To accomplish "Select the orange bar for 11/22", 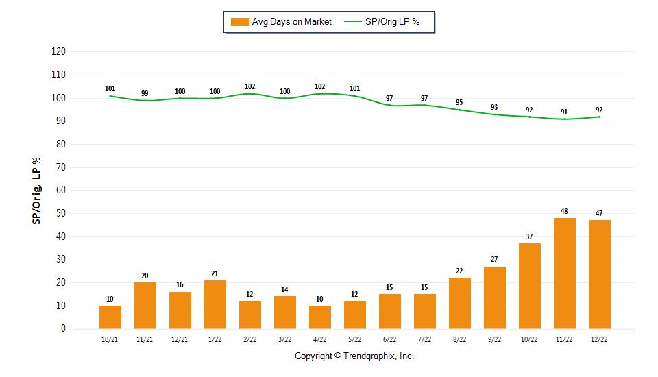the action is click(x=564, y=273).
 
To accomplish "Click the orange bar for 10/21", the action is click(x=110, y=317).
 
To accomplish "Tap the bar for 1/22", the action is click(x=215, y=304).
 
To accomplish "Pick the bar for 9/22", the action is click(x=494, y=297).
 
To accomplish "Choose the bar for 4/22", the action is click(x=320, y=317).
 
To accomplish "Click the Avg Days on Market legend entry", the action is click(x=281, y=22).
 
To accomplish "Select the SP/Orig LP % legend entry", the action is click(x=382, y=22).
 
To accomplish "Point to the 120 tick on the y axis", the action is click(x=58, y=51).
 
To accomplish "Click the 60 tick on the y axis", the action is click(x=61, y=190).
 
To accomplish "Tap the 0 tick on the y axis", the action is click(x=63, y=328).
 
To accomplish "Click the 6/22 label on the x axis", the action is click(x=389, y=339).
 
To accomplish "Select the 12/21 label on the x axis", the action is click(x=180, y=339).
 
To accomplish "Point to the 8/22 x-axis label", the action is click(x=459, y=339).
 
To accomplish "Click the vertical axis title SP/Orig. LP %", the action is click(x=36, y=191).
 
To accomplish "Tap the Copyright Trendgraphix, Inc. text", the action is click(x=354, y=356).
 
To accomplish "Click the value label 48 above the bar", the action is click(x=564, y=211).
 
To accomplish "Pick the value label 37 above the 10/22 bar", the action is click(x=529, y=236).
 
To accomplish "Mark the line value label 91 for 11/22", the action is click(x=564, y=112).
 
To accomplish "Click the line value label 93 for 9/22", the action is click(x=494, y=107).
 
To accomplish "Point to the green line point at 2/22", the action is click(x=249, y=94).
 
